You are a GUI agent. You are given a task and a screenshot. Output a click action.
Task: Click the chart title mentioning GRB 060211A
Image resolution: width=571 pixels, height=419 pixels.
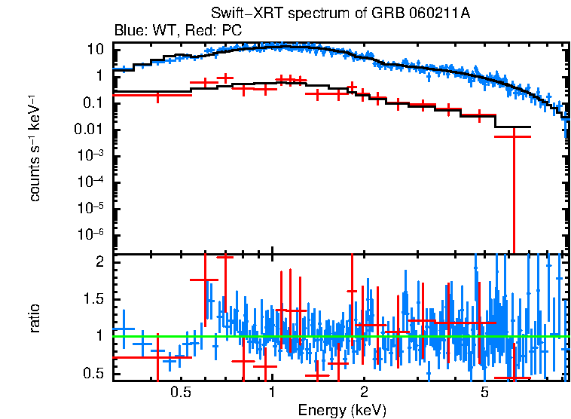coord(335,14)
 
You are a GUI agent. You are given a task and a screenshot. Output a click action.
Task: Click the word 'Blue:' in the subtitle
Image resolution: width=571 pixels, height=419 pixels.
coord(129,31)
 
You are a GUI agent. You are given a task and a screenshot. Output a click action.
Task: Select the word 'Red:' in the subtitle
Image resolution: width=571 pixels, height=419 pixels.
coord(198,31)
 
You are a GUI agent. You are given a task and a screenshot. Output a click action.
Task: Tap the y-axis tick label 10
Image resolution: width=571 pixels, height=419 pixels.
coord(95,50)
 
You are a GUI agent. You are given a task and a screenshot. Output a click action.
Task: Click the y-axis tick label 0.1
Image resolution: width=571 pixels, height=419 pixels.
coord(93,102)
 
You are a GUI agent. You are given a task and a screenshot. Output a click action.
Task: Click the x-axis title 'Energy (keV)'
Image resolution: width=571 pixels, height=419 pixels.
coord(342,410)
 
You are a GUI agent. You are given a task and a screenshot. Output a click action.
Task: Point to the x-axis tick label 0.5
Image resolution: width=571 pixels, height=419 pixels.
coord(180,393)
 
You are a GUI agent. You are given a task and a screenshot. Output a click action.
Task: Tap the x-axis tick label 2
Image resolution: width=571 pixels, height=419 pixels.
coord(363,393)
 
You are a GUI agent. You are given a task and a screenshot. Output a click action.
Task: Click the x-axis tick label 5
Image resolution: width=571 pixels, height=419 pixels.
coord(484,393)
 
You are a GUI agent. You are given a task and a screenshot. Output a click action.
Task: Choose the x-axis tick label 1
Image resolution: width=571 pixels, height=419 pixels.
coord(272,393)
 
